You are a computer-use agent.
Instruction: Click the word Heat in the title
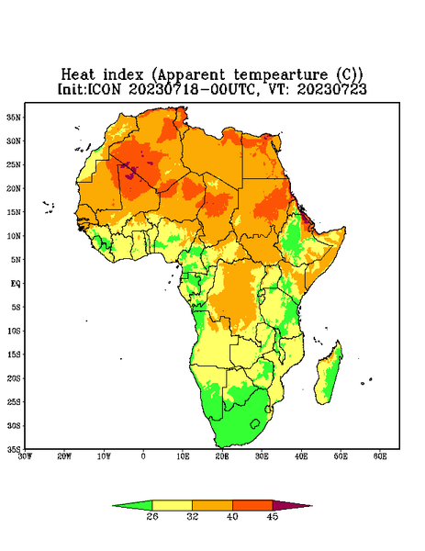click(x=78, y=75)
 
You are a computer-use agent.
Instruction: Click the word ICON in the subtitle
click(x=104, y=89)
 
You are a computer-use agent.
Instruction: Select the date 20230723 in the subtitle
click(x=331, y=89)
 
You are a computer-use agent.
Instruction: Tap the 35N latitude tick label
click(x=14, y=118)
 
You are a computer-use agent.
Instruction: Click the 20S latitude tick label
click(x=14, y=378)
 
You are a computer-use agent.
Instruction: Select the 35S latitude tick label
click(x=14, y=449)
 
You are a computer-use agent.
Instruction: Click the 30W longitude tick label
click(x=25, y=456)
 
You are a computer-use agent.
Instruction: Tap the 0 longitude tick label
click(x=143, y=456)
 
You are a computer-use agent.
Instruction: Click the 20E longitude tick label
click(x=222, y=456)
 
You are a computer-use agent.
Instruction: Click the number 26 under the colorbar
click(x=152, y=516)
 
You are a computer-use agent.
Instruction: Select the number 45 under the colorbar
click(x=273, y=516)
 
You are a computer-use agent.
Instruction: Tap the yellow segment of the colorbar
click(x=172, y=505)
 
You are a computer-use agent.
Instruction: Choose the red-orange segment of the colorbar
click(x=252, y=505)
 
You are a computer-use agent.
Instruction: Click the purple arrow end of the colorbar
click(x=290, y=506)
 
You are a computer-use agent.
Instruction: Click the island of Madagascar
click(x=329, y=376)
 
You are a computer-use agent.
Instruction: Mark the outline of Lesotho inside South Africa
click(x=251, y=424)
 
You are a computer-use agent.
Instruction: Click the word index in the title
click(x=123, y=75)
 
